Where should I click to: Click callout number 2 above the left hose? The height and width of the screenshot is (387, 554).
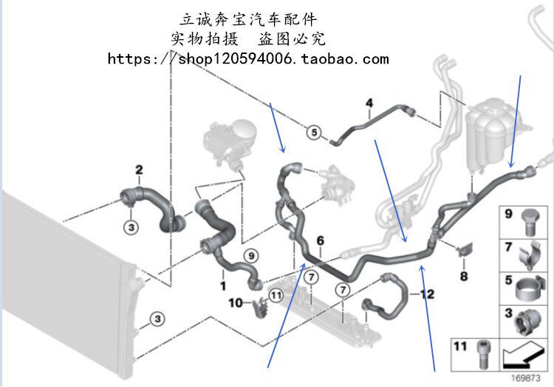(138, 170)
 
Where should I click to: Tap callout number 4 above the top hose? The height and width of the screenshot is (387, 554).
(369, 103)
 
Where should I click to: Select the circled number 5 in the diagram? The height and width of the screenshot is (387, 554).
(313, 133)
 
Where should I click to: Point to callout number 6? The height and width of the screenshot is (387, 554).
(321, 240)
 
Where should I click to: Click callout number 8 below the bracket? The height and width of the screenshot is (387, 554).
(464, 277)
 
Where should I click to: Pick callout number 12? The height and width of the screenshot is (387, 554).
(428, 295)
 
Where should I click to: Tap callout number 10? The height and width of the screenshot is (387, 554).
(236, 302)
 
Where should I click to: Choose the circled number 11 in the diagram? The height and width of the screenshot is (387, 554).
(276, 295)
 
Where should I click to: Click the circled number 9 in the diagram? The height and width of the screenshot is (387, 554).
(250, 255)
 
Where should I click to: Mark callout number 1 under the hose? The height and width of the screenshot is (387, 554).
(222, 284)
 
